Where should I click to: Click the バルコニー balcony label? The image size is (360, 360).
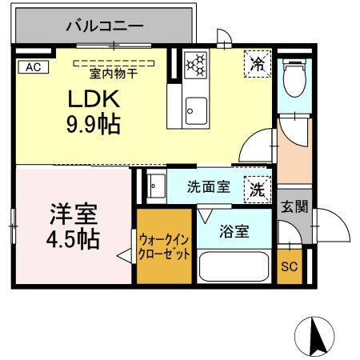pyautogui.click(x=104, y=26)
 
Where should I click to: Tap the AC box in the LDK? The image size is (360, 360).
pyautogui.click(x=32, y=67)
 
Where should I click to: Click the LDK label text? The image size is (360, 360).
pyautogui.click(x=93, y=100)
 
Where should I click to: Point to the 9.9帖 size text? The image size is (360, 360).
pyautogui.click(x=93, y=125)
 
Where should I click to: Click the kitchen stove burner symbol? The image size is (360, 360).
pyautogui.click(x=194, y=64)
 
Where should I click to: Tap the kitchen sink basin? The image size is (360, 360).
pyautogui.click(x=194, y=107)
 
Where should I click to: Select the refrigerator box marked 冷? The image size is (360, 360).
pyautogui.click(x=256, y=63)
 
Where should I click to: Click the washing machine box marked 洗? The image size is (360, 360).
pyautogui.click(x=256, y=190)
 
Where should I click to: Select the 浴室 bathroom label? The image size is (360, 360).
pyautogui.click(x=234, y=232)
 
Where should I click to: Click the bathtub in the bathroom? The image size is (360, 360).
pyautogui.click(x=233, y=268)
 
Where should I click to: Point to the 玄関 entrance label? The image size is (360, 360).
pyautogui.click(x=294, y=206)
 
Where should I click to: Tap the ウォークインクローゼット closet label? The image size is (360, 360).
pyautogui.click(x=164, y=246)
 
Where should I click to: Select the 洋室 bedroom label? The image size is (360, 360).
pyautogui.click(x=74, y=214)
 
